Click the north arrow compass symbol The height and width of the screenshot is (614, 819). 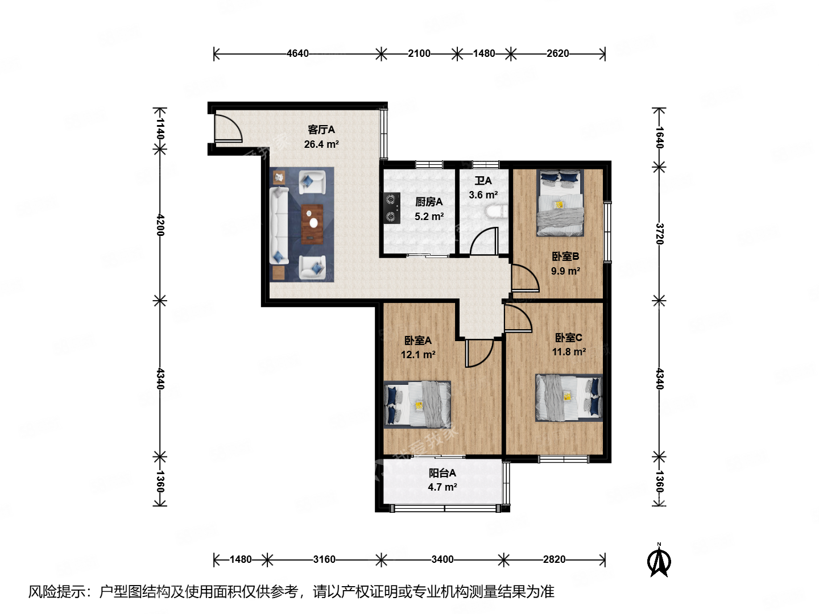tap(659, 561)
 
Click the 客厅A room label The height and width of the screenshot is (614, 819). tap(321, 130)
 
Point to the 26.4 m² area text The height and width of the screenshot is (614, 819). tap(321, 144)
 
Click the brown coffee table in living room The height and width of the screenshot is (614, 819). tap(312, 224)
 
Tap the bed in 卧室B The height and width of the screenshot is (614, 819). tap(560, 203)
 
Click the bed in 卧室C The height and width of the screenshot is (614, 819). tap(569, 397)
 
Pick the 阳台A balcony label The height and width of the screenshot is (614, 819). tap(442, 473)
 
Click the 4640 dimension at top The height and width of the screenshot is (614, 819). tap(297, 53)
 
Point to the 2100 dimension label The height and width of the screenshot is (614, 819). tap(419, 53)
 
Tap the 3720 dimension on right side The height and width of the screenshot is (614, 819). tap(659, 234)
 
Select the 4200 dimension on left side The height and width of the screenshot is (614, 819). tap(160, 225)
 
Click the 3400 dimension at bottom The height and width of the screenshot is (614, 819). tap(442, 559)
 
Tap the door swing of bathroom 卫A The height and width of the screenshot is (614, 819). tap(485, 241)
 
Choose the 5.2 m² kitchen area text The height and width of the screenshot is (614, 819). tap(429, 217)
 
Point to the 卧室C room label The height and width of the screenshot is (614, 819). tap(568, 338)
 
